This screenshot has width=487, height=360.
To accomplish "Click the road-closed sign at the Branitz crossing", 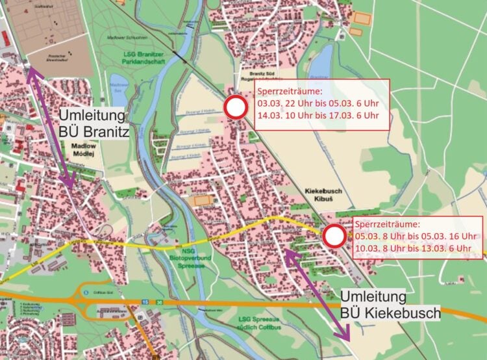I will click(236, 108).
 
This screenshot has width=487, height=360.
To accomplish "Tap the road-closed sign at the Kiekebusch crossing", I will click(334, 236).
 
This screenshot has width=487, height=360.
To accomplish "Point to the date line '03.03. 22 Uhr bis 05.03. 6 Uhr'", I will click(318, 104).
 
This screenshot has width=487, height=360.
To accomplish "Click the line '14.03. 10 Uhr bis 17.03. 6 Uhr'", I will click(318, 116).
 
